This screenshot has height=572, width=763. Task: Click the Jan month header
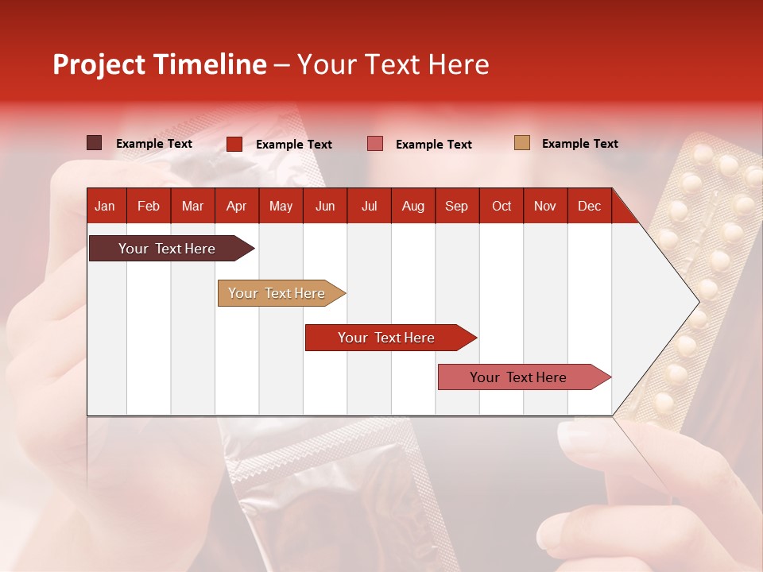click(x=105, y=206)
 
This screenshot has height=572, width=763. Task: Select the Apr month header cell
click(x=236, y=206)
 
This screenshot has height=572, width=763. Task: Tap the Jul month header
click(x=369, y=206)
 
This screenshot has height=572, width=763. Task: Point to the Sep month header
click(x=456, y=206)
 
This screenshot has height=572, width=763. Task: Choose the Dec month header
click(x=589, y=206)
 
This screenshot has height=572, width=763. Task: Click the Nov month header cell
click(x=545, y=206)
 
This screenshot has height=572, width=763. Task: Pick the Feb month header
click(x=149, y=206)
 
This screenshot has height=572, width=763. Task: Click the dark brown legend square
click(x=95, y=143)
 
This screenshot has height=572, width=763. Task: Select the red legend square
click(x=234, y=144)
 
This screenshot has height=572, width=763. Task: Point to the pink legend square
click(x=375, y=144)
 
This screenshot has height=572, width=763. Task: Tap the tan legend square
click(x=521, y=143)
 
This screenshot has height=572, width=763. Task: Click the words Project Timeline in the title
click(x=159, y=64)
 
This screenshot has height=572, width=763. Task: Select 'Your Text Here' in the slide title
click(x=393, y=64)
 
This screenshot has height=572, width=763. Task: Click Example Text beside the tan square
click(x=579, y=144)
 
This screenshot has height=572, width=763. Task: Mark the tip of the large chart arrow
click(x=698, y=301)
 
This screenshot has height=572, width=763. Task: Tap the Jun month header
click(x=325, y=206)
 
